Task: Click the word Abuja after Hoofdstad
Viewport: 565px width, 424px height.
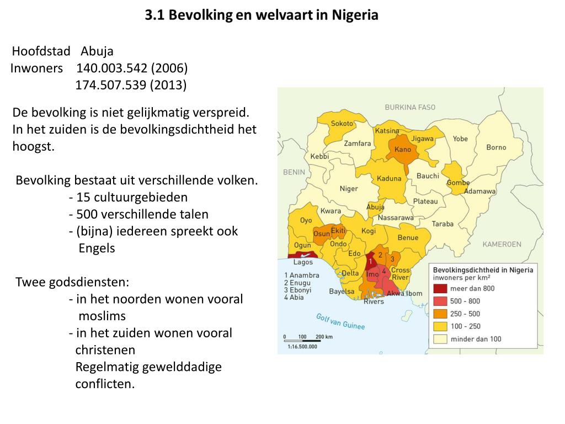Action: tap(97, 51)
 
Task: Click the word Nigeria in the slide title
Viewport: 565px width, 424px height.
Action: tap(355, 15)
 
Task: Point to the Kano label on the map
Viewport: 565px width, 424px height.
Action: tap(403, 150)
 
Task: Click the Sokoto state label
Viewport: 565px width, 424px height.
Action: tap(342, 124)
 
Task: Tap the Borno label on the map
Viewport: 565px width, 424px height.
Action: tap(496, 147)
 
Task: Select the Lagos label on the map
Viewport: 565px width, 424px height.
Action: tap(303, 263)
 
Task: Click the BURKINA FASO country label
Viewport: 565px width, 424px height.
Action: tap(410, 107)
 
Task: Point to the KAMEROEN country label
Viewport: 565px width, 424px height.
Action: tap(502, 243)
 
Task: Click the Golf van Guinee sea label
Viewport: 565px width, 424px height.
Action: tap(340, 321)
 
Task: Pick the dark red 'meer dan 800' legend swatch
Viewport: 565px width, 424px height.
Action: tap(440, 288)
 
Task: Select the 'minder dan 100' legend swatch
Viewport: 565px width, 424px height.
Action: tap(440, 339)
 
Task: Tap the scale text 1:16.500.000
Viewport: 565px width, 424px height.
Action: tap(302, 347)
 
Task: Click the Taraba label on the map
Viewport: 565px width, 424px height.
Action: tap(443, 224)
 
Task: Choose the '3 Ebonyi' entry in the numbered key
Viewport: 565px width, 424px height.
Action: tap(297, 290)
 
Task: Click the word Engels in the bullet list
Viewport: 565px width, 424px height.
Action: tap(97, 248)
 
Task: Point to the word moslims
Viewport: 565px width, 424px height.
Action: tap(102, 316)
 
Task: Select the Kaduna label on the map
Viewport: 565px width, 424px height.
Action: tap(389, 178)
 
